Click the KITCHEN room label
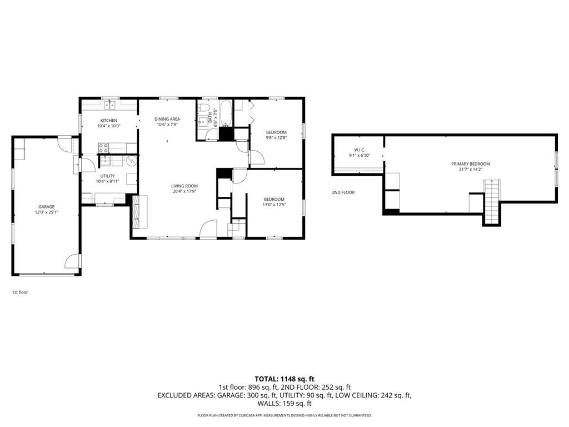tap(108, 121)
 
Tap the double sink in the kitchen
tap(111, 103)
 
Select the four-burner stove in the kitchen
tap(103, 148)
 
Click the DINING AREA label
tap(167, 119)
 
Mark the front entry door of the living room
tap(208, 230)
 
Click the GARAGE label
tap(46, 207)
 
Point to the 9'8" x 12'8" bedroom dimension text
tap(276, 138)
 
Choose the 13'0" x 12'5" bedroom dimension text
tap(274, 205)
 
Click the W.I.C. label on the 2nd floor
tap(359, 150)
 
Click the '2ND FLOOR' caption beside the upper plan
tap(343, 192)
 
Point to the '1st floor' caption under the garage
tap(20, 292)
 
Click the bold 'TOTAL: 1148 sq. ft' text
tap(284, 379)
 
